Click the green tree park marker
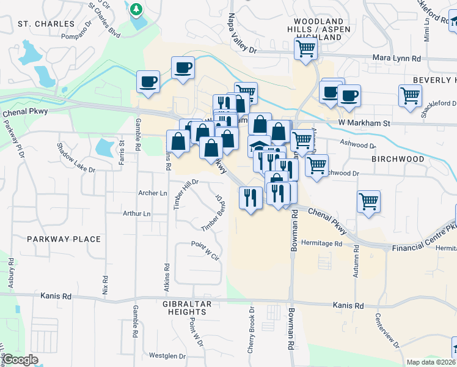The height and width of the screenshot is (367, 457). pos(136,10)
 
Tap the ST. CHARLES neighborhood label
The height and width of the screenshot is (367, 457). pos(41,24)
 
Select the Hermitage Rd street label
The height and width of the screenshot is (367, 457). pos(321,243)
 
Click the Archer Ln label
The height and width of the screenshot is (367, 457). pos(153,193)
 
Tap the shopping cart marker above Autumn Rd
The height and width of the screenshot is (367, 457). pos(368,201)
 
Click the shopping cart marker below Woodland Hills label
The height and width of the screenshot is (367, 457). pos(305,49)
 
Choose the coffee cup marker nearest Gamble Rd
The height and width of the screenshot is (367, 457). pos(147,82)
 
